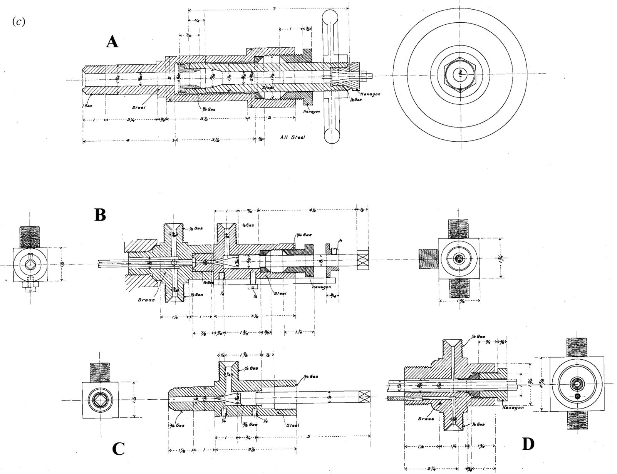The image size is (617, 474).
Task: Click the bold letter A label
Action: click(112, 42)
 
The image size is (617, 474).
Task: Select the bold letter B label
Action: click(100, 215)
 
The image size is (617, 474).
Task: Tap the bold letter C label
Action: click(118, 449)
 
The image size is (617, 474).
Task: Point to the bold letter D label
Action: click(528, 444)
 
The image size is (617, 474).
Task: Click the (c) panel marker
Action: click(19, 22)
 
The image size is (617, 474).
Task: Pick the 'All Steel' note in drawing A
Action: click(293, 137)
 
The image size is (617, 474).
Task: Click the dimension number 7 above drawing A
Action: click(274, 8)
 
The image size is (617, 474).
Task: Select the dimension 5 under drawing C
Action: click(309, 437)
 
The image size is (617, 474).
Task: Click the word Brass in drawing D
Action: click(427, 419)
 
